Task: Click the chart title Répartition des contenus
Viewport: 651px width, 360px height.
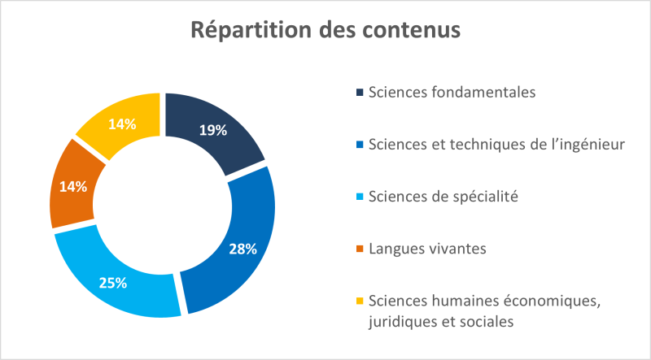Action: click(x=325, y=30)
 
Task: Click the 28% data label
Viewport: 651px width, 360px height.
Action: click(x=242, y=249)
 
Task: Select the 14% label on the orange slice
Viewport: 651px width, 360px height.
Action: click(x=72, y=185)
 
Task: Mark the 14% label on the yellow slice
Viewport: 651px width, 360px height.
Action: click(x=121, y=124)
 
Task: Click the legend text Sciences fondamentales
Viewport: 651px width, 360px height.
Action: click(x=452, y=92)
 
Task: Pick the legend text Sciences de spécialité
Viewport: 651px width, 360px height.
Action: click(x=443, y=196)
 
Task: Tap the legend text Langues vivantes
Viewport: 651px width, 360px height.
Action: click(x=427, y=248)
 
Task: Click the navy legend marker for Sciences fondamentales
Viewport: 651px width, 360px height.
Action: click(x=360, y=92)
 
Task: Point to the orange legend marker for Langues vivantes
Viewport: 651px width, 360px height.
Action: click(x=360, y=248)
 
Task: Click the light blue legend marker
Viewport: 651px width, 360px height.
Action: click(x=360, y=197)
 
